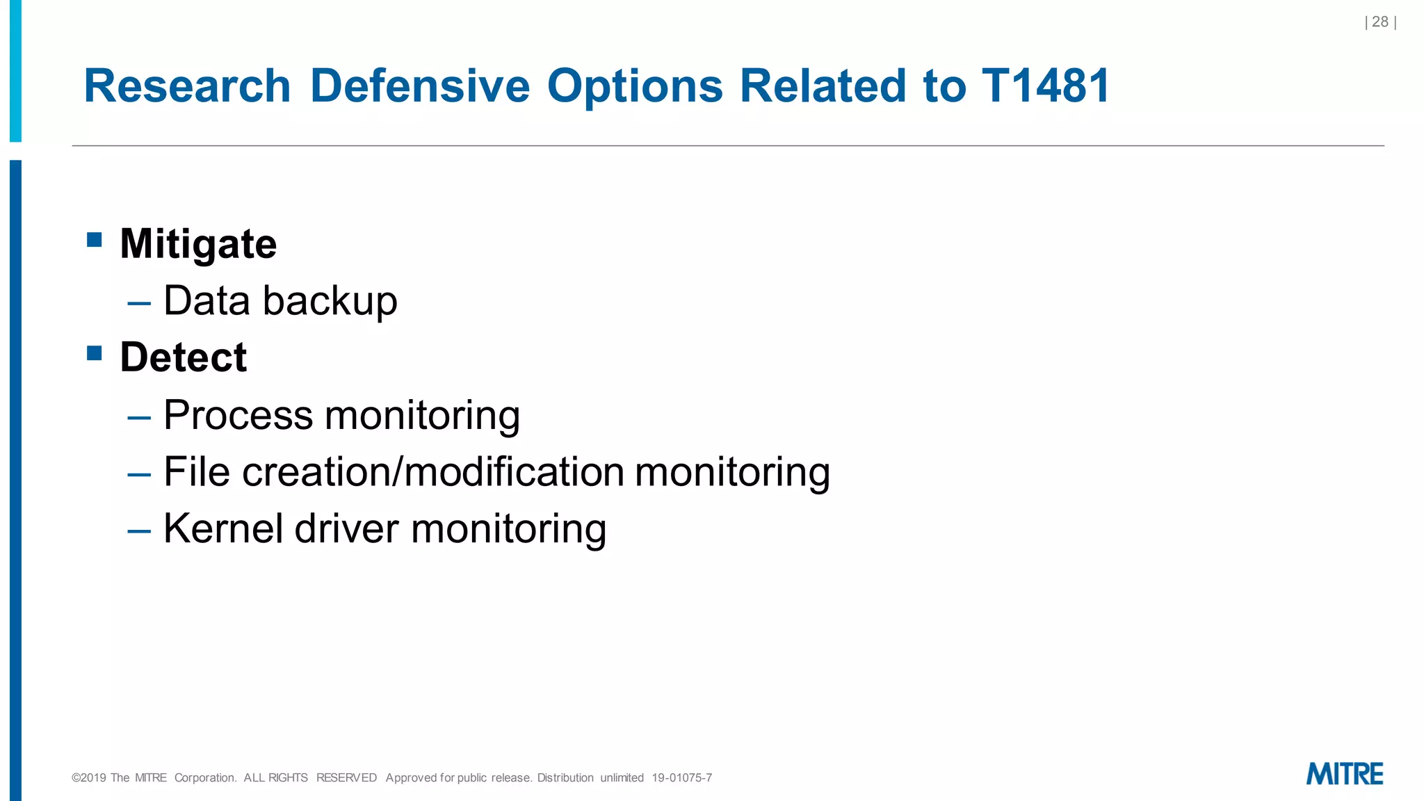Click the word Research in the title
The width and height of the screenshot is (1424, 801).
[187, 86]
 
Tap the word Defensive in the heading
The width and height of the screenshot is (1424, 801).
[419, 86]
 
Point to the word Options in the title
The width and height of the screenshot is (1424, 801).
[635, 86]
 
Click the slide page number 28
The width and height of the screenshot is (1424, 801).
[1380, 22]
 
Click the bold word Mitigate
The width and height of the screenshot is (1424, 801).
[198, 244]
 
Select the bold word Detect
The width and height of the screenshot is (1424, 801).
[183, 357]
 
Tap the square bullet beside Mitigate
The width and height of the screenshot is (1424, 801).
[95, 241]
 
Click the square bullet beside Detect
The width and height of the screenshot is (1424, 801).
[95, 354]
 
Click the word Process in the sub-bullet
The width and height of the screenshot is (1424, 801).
[238, 415]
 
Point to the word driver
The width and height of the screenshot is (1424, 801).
[347, 528]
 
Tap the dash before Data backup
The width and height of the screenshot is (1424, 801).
[139, 304]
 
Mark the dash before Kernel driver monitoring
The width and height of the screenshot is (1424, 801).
[139, 531]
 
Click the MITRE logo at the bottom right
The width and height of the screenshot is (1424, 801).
[1345, 774]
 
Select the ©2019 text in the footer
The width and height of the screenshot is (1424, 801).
[88, 778]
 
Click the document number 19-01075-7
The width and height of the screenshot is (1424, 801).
[681, 778]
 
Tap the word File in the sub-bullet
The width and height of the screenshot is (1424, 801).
[197, 472]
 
